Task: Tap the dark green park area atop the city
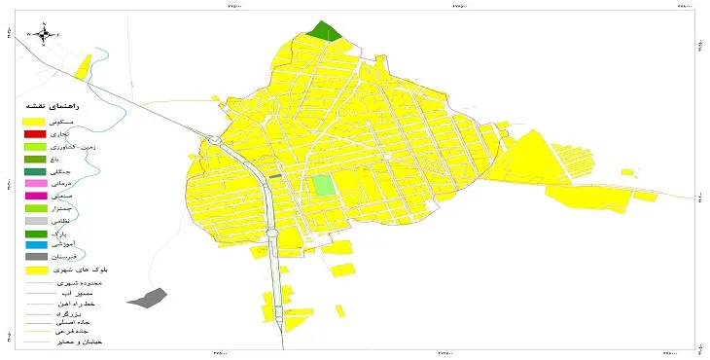[x=324, y=31]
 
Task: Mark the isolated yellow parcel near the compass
[x=84, y=66]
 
